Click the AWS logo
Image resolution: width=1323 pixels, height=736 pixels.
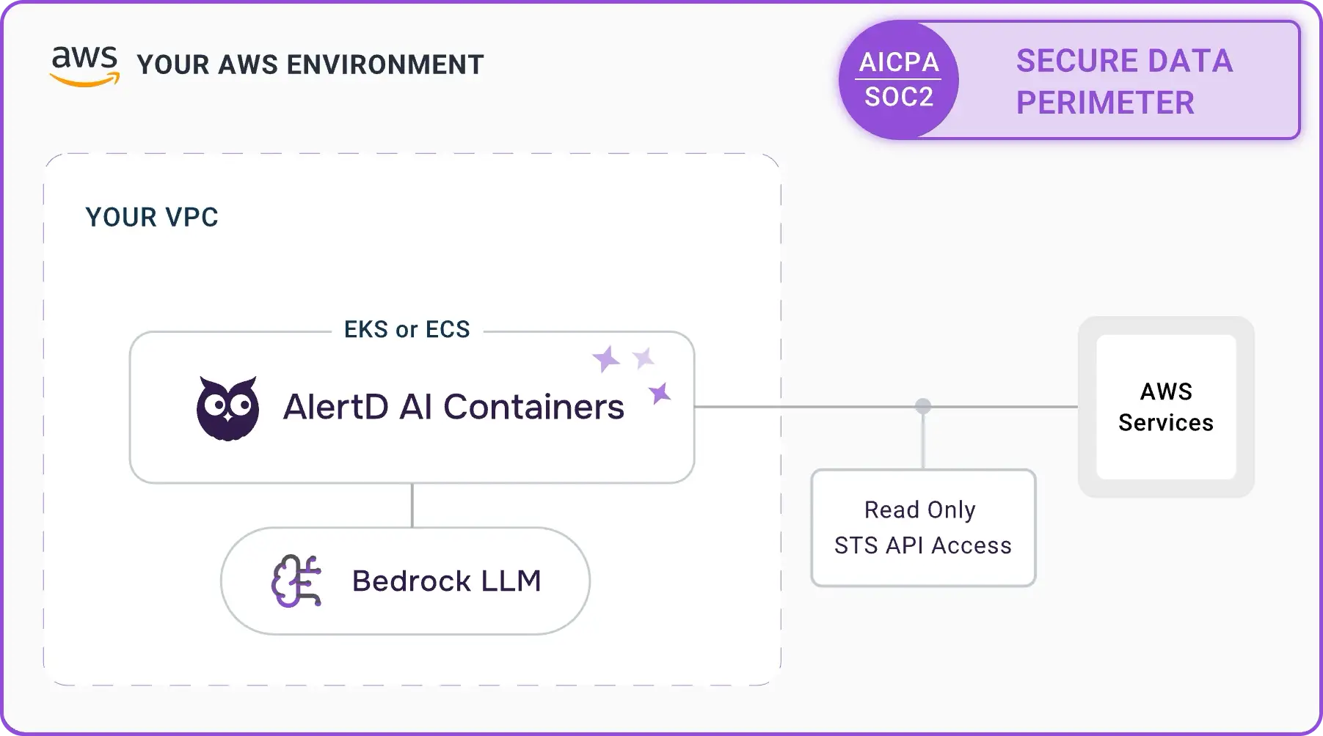[x=84, y=66]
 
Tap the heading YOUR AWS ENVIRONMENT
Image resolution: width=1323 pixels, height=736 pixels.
[x=310, y=65]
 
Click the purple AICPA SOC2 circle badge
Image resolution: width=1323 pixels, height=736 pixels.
[x=898, y=80]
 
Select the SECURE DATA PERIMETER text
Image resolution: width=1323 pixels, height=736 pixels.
[x=1123, y=81]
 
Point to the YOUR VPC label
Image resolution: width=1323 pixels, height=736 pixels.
[x=152, y=217]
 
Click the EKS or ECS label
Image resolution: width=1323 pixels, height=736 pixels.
[x=407, y=330]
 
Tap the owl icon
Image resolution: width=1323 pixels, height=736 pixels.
[x=227, y=408]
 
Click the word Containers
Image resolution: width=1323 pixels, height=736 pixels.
[x=533, y=407]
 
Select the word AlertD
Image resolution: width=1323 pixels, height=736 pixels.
[x=335, y=407]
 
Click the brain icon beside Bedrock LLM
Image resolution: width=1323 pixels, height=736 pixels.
[x=296, y=581]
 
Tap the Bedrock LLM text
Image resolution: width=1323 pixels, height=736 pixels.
[x=446, y=581]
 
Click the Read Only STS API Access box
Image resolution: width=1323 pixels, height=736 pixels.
[x=922, y=528]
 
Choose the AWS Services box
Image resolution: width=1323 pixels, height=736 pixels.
[x=1165, y=407]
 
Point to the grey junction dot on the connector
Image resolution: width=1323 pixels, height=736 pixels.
[x=923, y=406]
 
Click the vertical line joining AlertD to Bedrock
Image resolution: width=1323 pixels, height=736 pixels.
[x=412, y=505]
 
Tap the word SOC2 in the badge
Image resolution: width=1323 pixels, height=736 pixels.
[x=898, y=97]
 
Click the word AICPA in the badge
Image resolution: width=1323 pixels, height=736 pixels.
[x=899, y=62]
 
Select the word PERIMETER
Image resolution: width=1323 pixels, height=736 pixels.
[x=1105, y=103]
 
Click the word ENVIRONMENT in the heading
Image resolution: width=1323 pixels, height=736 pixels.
[x=385, y=65]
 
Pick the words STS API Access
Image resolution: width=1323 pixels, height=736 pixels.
[x=922, y=545]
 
